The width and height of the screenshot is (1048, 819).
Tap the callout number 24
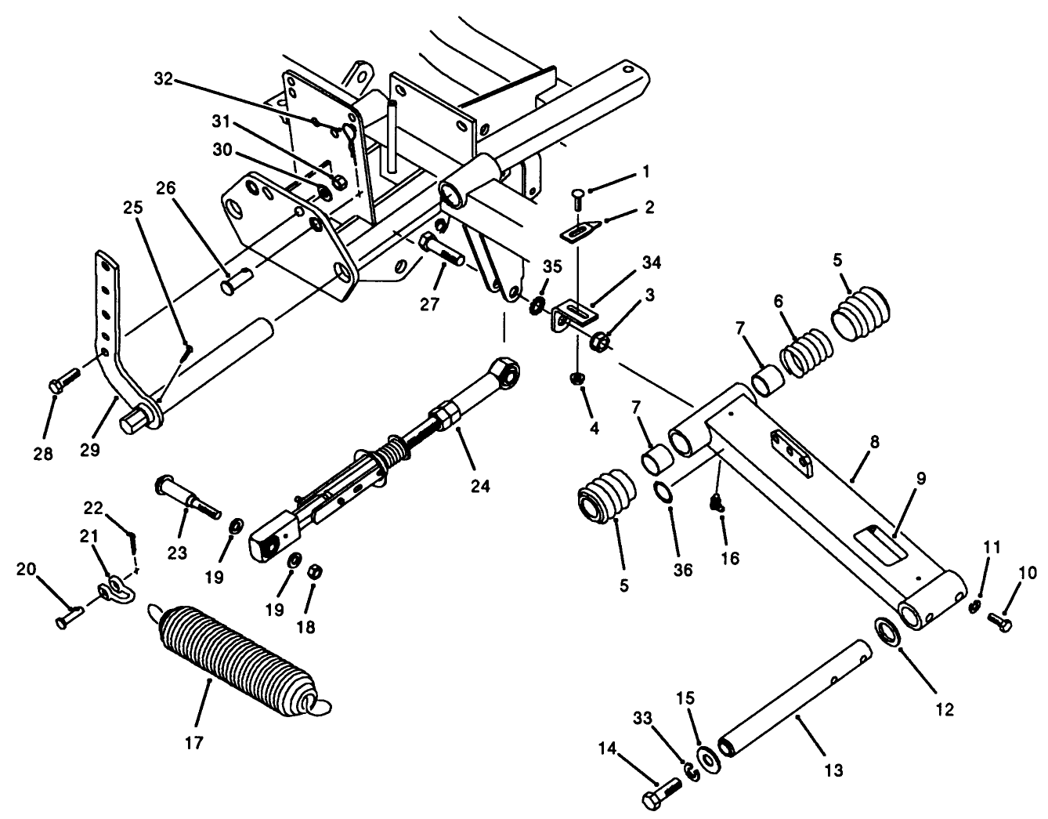pyautogui.click(x=480, y=487)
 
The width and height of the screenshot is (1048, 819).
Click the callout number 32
pyautogui.click(x=162, y=80)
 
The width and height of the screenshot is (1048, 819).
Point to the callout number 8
pyautogui.click(x=874, y=442)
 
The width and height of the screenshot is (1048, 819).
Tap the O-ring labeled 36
pyautogui.click(x=663, y=494)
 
